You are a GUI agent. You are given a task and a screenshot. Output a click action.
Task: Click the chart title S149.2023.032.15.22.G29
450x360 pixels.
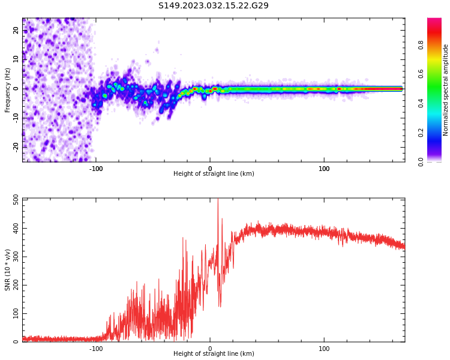214,5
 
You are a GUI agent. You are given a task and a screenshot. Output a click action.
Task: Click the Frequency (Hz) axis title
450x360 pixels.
8,89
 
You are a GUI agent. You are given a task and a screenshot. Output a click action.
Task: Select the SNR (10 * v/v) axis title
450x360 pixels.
8,269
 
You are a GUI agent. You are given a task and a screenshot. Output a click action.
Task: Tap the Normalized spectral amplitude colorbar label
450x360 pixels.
446,90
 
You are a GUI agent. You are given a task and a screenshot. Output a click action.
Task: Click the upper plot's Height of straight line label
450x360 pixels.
214,173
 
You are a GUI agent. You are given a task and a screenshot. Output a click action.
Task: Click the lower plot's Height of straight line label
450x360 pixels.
214,353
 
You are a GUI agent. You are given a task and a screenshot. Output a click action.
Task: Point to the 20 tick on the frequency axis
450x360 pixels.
16,31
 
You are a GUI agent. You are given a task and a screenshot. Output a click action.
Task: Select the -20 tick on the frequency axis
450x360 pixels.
16,146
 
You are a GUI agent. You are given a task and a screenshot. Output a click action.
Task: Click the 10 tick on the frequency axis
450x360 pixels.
16,59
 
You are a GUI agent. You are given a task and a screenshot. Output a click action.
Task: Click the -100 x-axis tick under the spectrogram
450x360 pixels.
96,168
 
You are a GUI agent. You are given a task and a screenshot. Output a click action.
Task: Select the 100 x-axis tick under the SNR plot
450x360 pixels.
324,348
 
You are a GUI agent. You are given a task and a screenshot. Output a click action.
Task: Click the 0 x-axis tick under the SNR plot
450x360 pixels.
210,348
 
